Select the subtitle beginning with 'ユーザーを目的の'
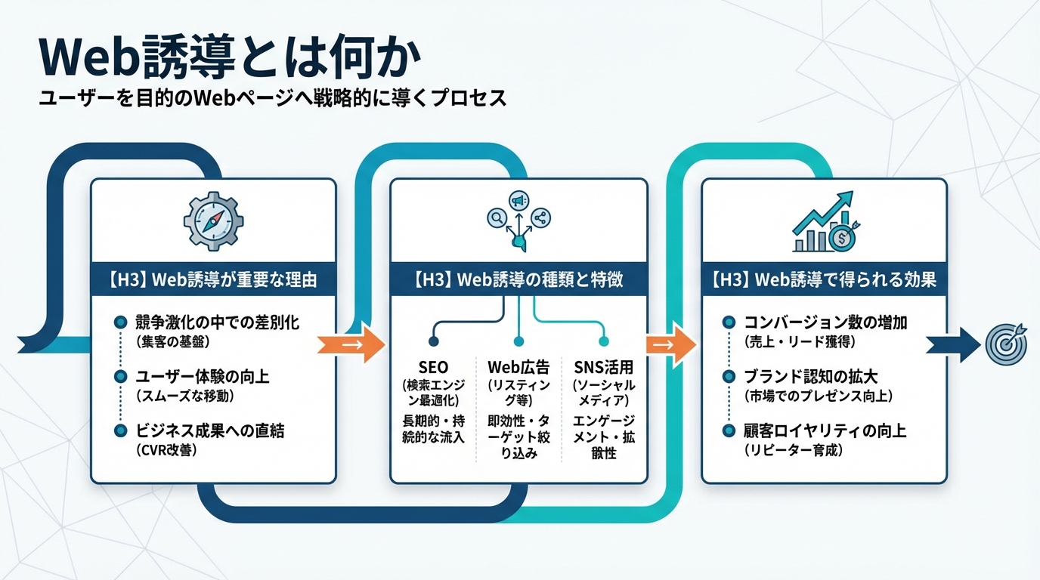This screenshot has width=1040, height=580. (x=272, y=99)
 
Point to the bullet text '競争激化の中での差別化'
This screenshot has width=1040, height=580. (x=217, y=322)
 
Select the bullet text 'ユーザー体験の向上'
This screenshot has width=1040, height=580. (x=203, y=377)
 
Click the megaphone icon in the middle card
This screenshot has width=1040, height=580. (x=518, y=201)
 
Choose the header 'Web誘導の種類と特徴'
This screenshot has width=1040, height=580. (x=518, y=280)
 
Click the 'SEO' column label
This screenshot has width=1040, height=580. (x=432, y=368)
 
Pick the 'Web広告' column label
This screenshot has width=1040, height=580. (x=518, y=368)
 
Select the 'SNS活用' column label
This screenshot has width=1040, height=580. (x=603, y=368)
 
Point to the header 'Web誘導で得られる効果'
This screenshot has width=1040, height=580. (x=824, y=280)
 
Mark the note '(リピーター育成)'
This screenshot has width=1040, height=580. (x=794, y=450)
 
